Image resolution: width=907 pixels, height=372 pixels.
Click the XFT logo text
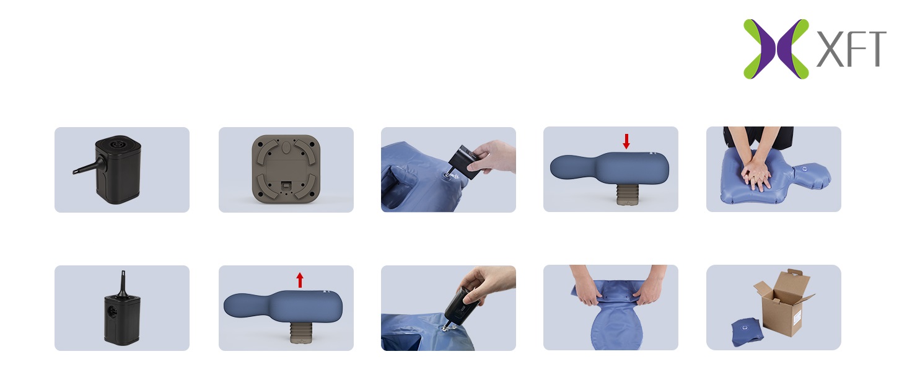(851, 49)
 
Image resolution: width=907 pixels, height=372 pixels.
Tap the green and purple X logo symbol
(776, 49)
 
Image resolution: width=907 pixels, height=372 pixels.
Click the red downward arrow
(626, 141)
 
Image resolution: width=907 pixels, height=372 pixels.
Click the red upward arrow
(300, 280)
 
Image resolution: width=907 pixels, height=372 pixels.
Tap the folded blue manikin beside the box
(747, 332)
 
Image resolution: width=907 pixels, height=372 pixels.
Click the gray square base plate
(286, 169)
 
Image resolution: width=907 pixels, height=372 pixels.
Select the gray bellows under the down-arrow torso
(626, 194)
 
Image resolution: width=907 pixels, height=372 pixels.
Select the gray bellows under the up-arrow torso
(300, 333)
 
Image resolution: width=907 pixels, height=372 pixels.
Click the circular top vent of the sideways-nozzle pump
(118, 143)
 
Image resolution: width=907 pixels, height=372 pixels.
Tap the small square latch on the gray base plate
(286, 185)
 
